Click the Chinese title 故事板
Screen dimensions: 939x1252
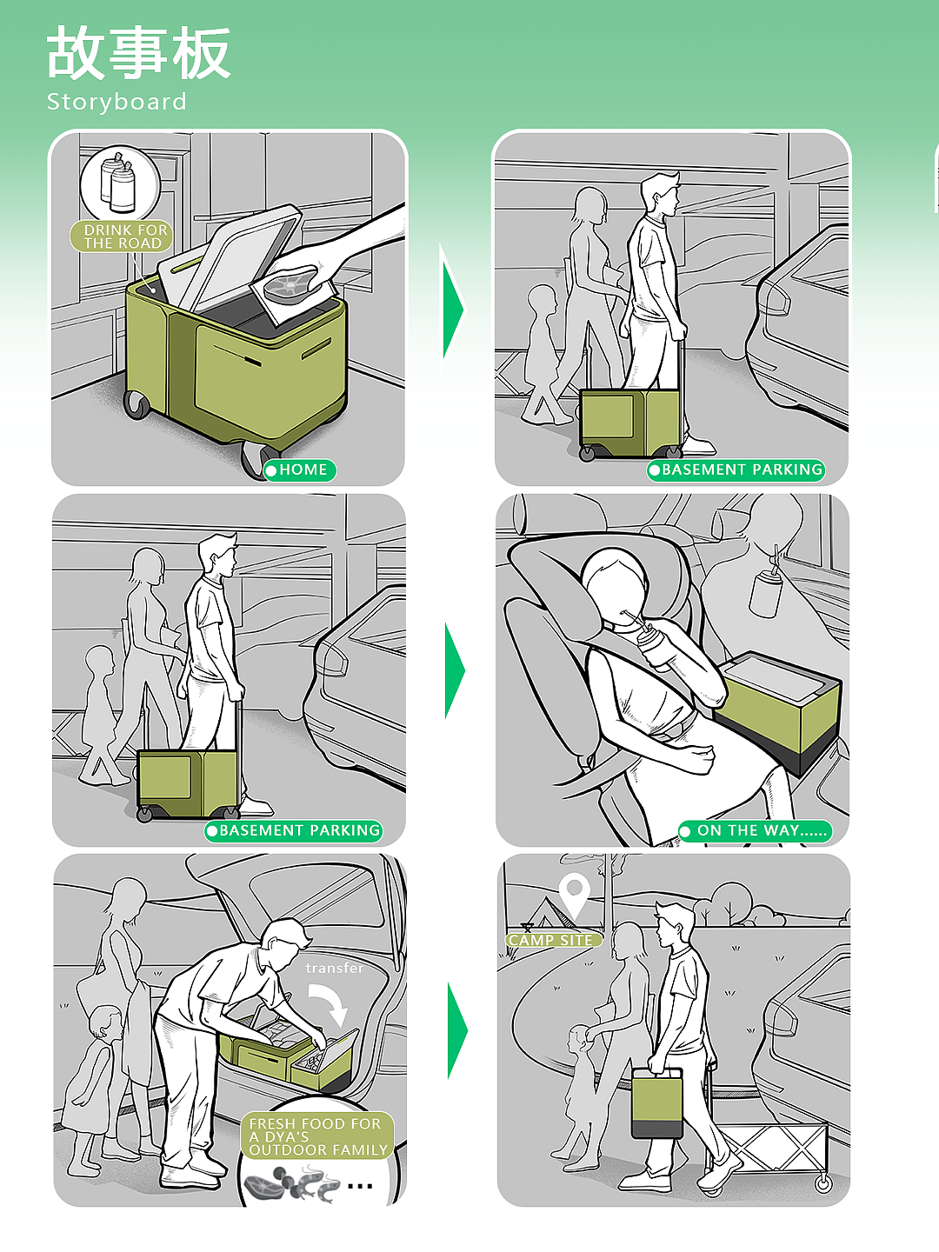138,52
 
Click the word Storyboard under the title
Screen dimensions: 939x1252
117,102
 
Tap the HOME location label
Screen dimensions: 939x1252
300,470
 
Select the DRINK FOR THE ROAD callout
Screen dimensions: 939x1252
122,236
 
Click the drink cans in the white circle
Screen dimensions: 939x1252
118,183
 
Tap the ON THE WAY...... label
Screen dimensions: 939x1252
755,830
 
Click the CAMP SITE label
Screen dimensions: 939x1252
553,940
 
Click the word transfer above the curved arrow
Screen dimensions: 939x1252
334,968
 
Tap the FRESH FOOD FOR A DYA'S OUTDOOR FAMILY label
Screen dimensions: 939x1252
317,1136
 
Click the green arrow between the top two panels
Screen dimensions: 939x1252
453,309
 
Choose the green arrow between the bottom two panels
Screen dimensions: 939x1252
457,1030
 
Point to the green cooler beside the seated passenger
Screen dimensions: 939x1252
778,713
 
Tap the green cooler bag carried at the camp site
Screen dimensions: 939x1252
656,1102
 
